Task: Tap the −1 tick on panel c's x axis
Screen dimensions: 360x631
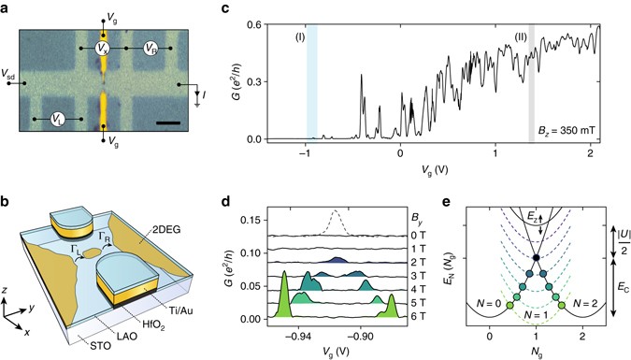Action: [304, 152]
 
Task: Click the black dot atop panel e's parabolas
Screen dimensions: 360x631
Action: [538, 256]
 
